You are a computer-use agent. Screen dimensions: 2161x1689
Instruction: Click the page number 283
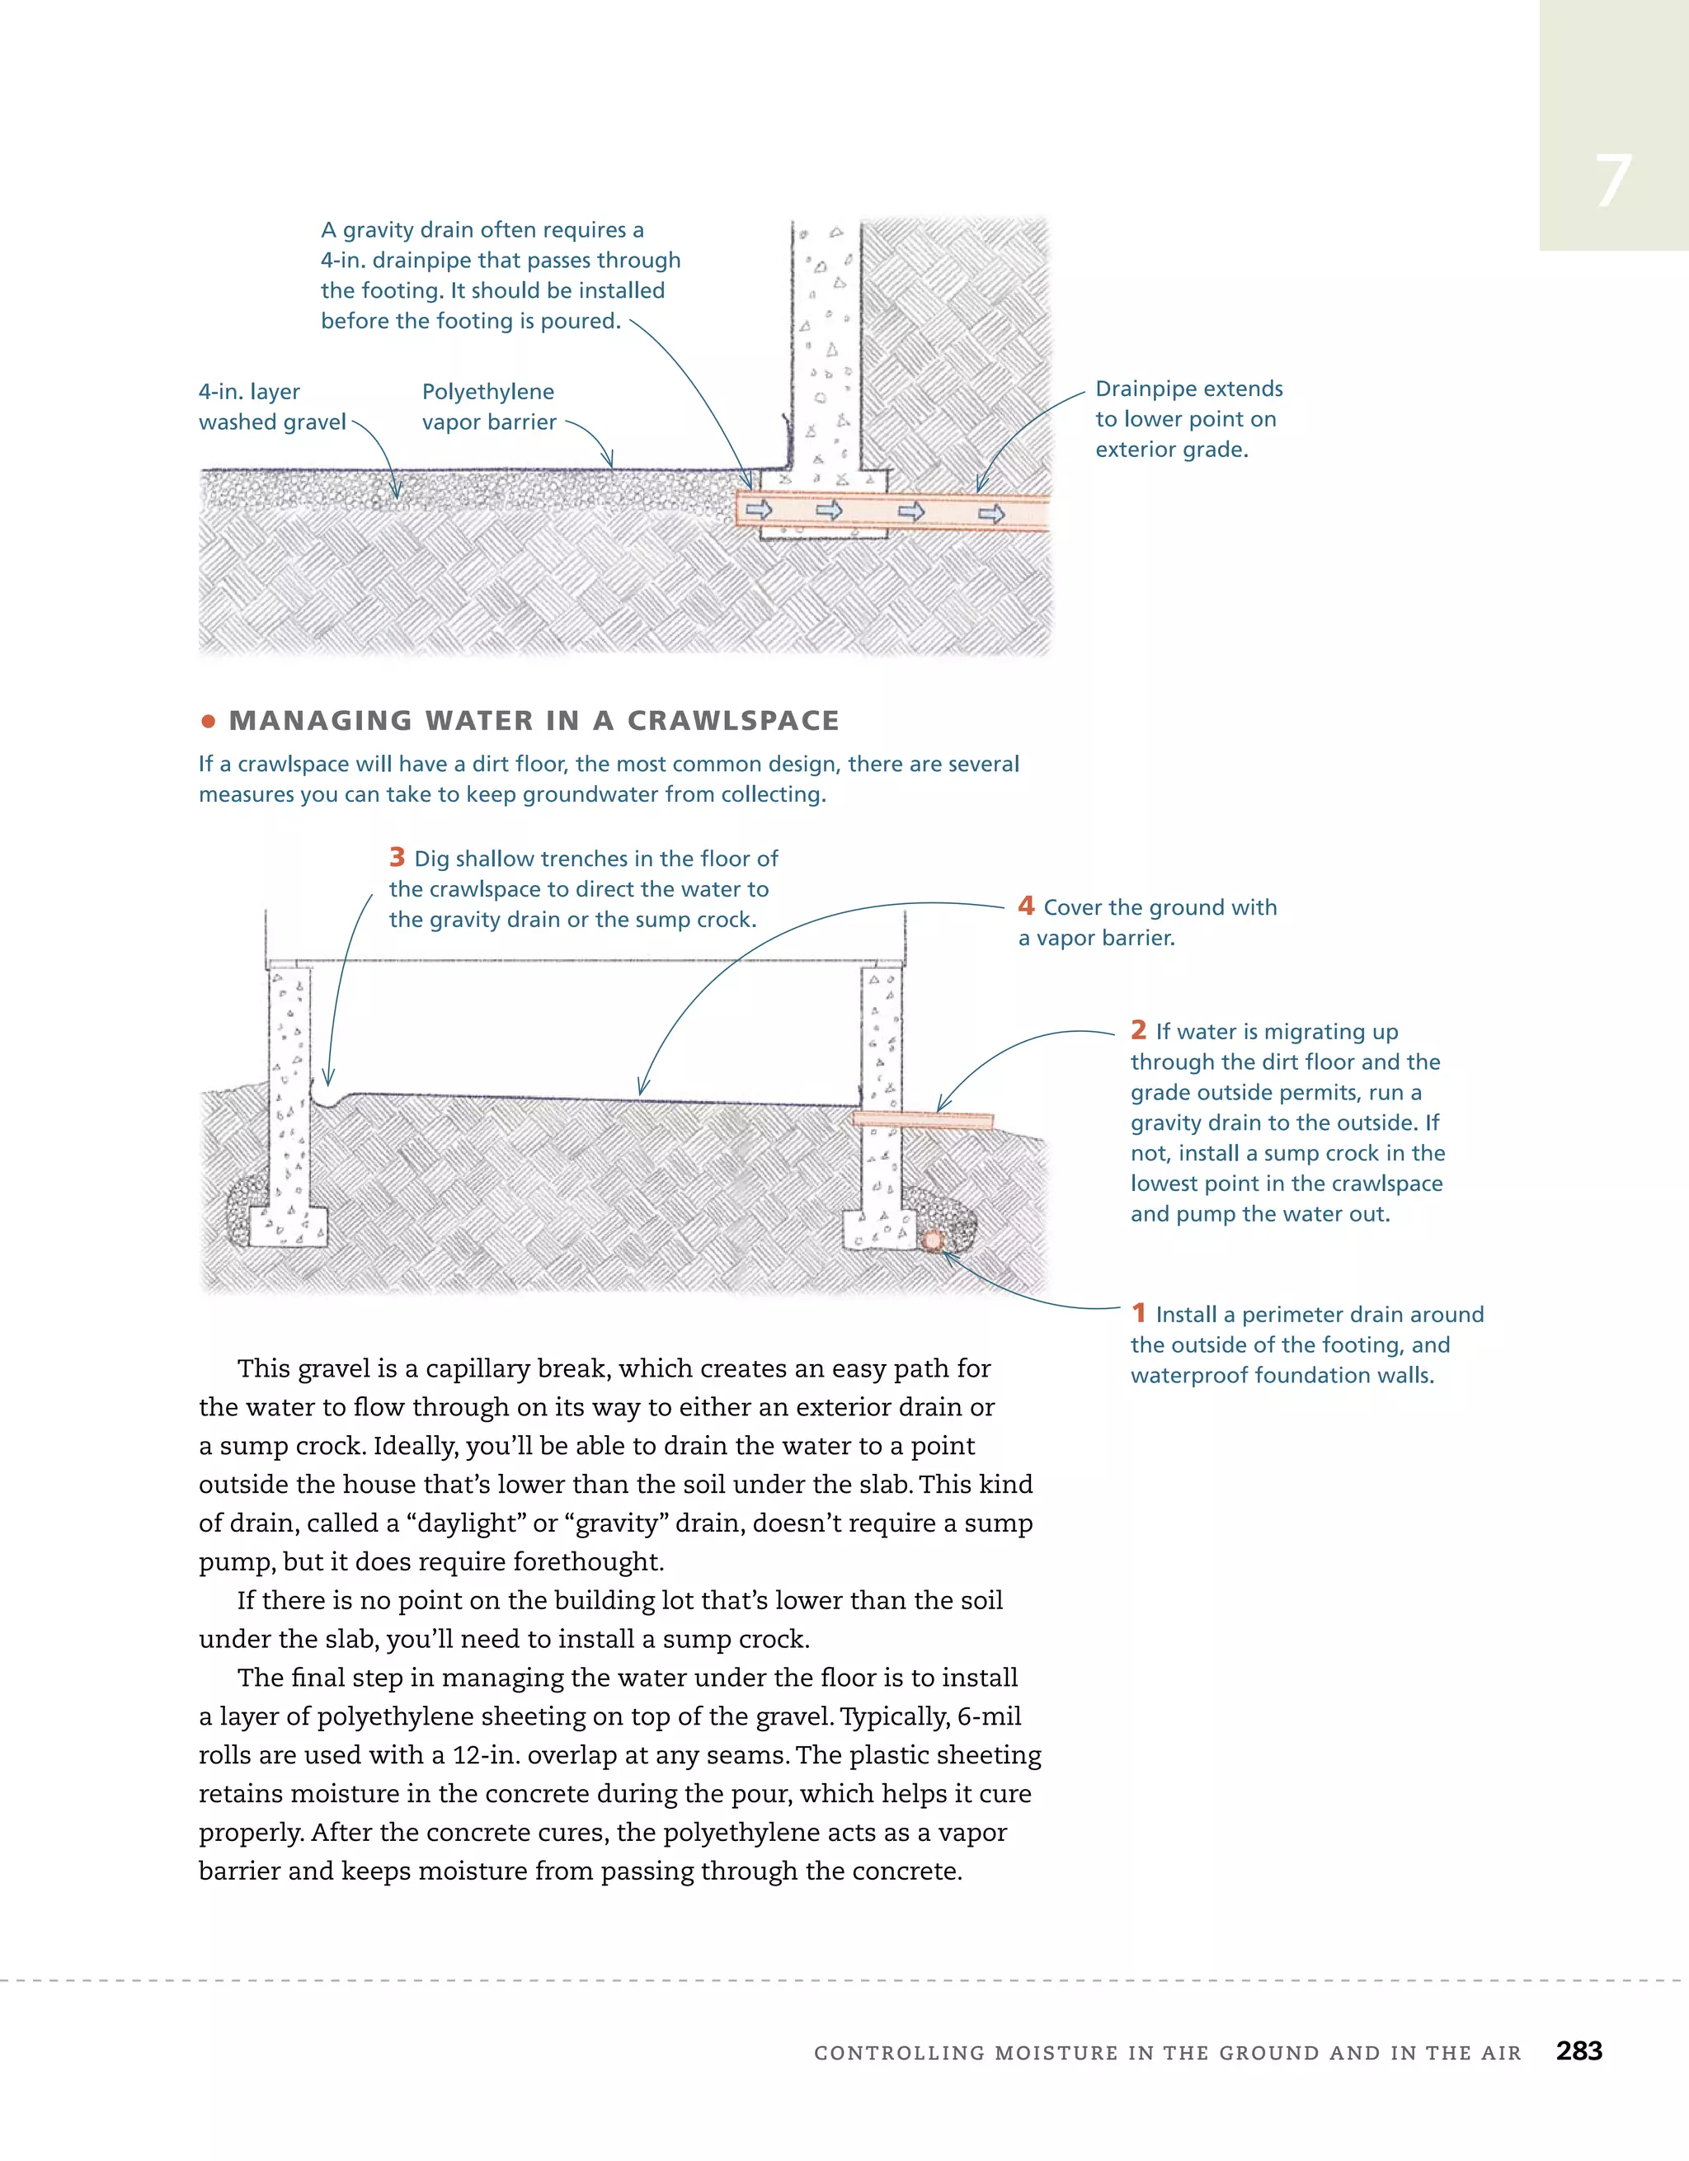(x=1578, y=2050)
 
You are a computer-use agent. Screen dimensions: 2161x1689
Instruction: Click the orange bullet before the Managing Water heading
(x=208, y=722)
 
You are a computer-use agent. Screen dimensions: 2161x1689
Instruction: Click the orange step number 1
(x=1139, y=1313)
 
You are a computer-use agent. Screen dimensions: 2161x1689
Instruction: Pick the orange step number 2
(x=1139, y=1030)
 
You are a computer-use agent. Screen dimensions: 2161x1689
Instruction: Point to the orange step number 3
(x=397, y=857)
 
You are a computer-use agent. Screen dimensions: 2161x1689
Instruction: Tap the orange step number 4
(x=1026, y=906)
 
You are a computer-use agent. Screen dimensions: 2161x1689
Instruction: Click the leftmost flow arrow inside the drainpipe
(x=759, y=510)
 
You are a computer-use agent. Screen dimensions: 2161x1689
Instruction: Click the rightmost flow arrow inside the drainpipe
(x=991, y=514)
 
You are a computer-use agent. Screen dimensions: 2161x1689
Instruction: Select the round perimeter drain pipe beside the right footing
(x=932, y=1241)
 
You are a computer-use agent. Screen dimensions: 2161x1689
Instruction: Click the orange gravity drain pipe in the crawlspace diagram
(x=922, y=1119)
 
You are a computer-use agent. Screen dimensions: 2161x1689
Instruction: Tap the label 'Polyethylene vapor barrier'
(x=489, y=407)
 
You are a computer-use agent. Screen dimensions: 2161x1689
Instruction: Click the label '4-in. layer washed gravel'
(x=271, y=407)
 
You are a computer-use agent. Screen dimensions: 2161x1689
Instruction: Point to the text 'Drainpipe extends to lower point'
(x=1188, y=403)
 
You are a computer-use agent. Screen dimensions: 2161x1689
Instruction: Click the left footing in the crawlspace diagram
(x=288, y=1227)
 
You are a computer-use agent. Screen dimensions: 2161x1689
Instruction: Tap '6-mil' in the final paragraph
(x=989, y=1716)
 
